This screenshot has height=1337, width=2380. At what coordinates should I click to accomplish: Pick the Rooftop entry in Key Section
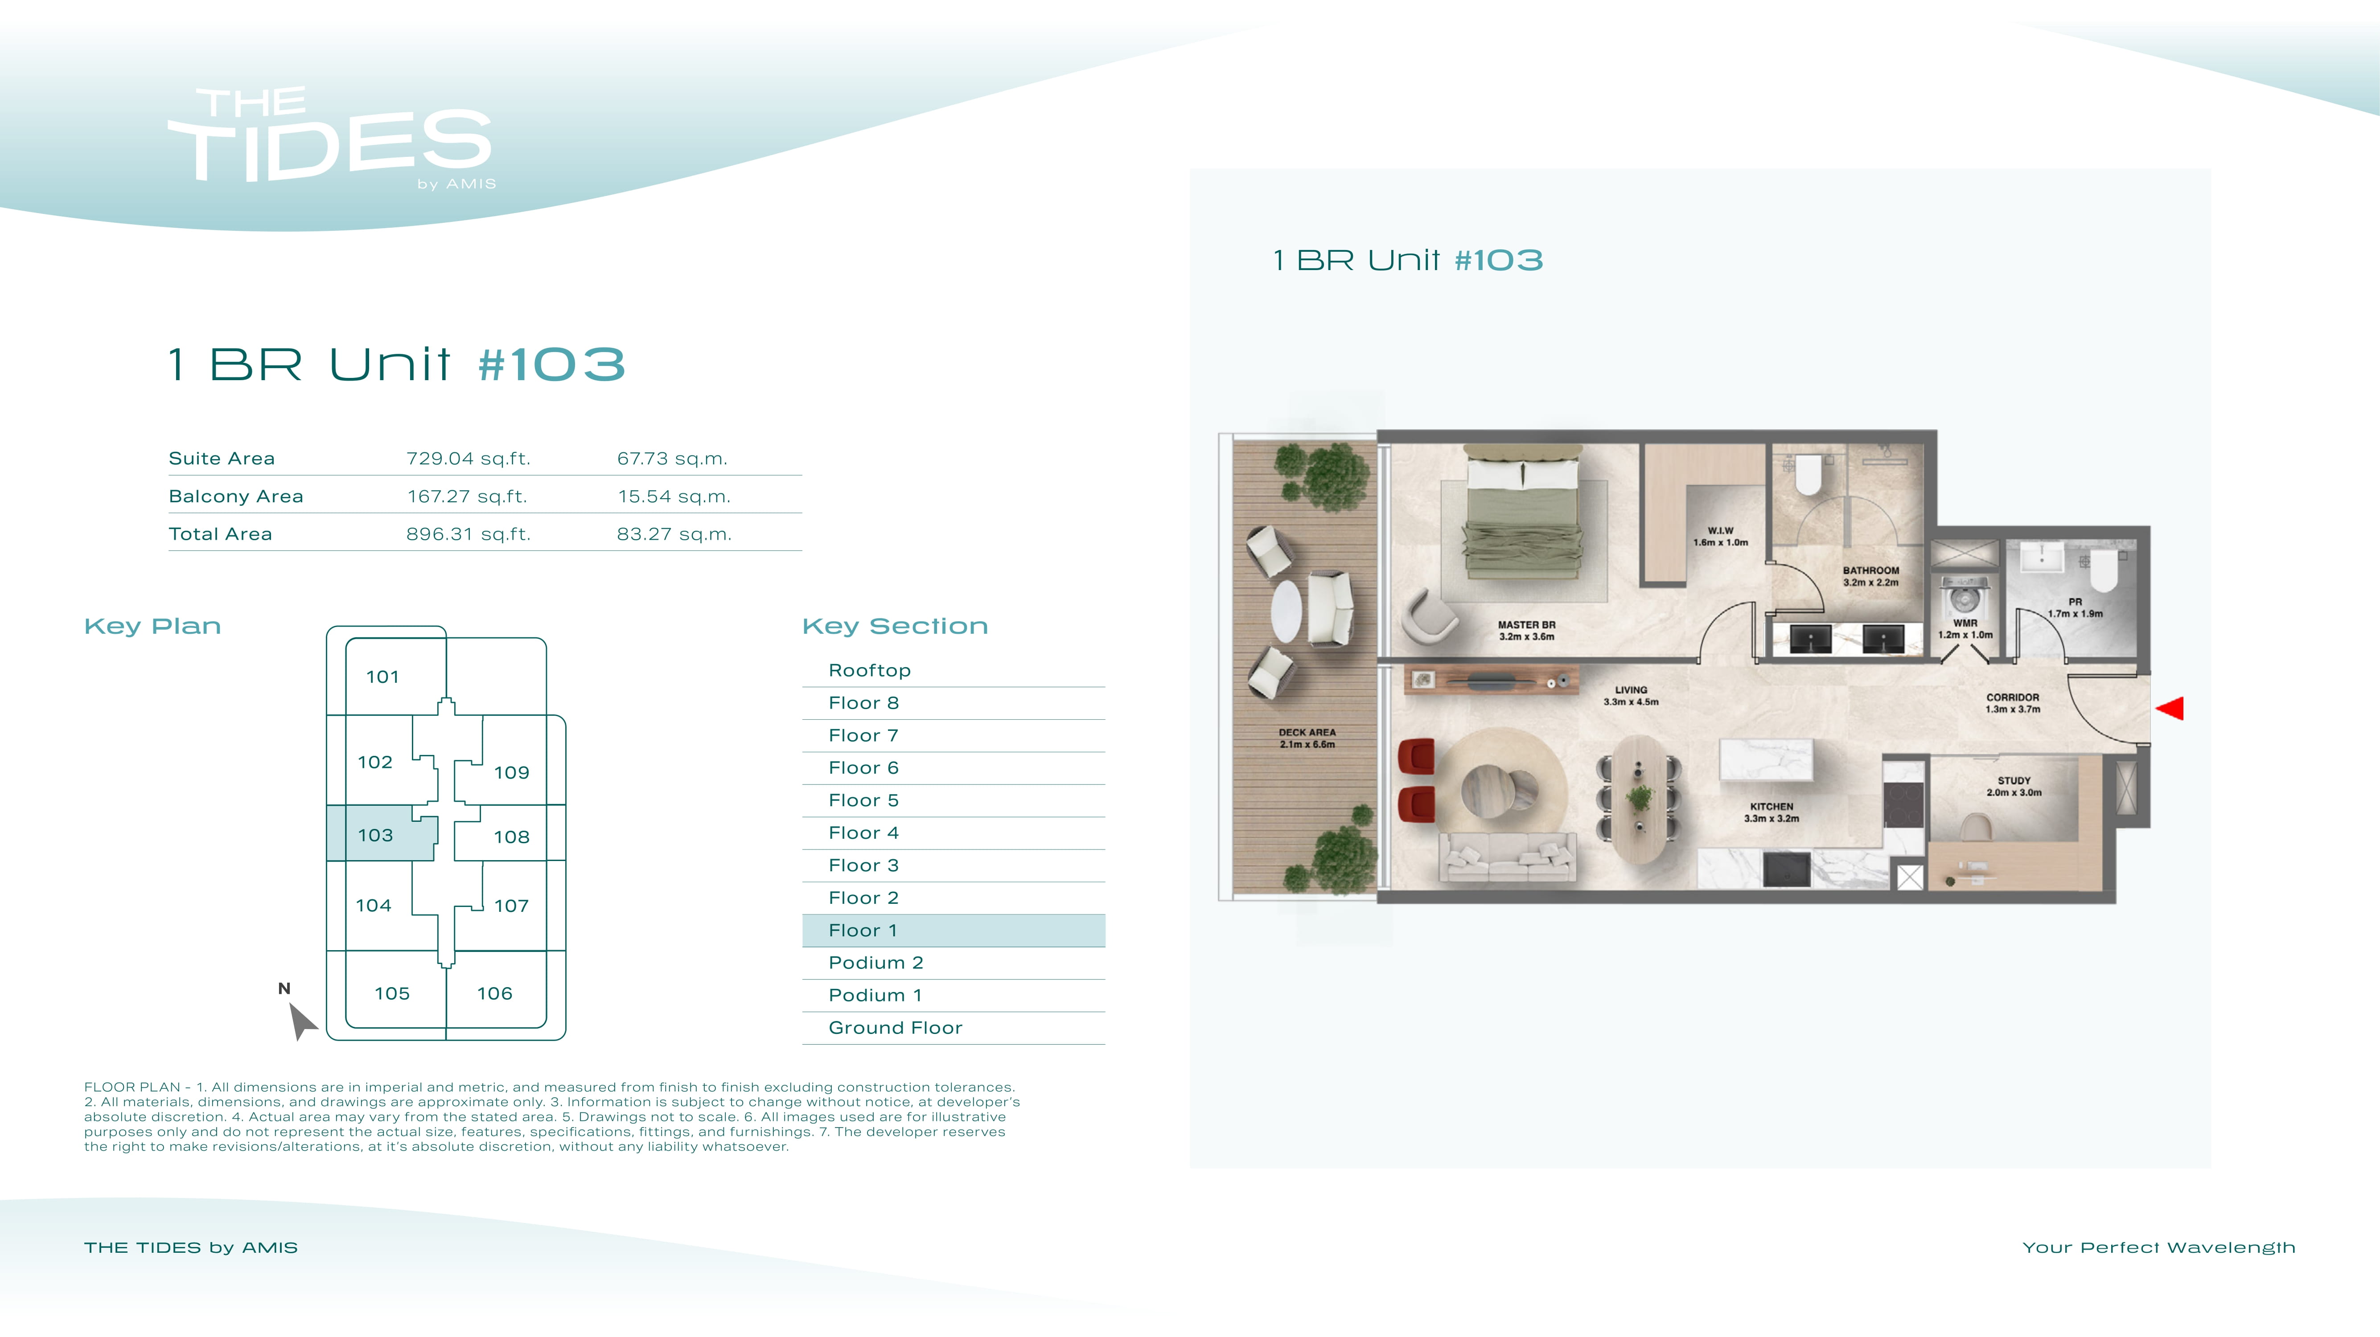tap(869, 670)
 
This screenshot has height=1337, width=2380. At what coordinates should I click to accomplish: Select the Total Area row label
tap(220, 534)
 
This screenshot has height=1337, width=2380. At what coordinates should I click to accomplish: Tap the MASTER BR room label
tap(1526, 630)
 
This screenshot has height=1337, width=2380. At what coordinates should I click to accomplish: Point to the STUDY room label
tap(2014, 786)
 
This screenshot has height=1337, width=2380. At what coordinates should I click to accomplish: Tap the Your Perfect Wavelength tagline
tap(2158, 1247)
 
